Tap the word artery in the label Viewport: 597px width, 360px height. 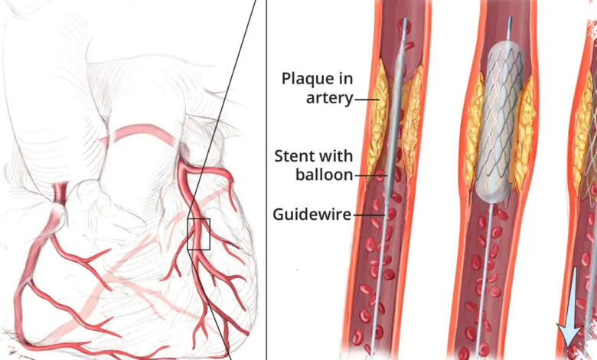330,98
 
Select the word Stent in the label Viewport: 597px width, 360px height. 293,156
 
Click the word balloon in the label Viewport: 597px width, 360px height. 325,175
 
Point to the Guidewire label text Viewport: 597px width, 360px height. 312,214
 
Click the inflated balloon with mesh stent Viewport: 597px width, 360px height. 499,122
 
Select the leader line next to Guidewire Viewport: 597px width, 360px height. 370,215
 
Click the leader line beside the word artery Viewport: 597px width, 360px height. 367,100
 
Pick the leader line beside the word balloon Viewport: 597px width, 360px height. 371,176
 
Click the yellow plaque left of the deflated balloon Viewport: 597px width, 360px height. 377,118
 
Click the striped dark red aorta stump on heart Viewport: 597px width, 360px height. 60,193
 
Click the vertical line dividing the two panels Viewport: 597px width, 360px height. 266,180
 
